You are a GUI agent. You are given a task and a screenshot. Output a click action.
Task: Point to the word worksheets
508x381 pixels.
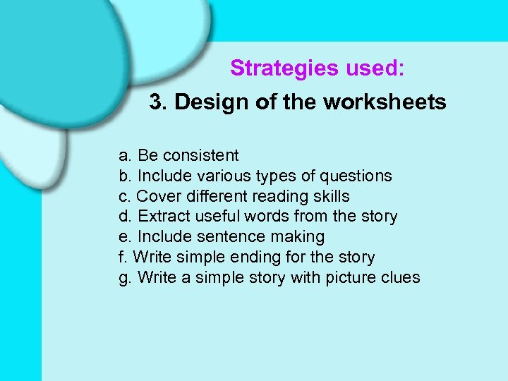[385, 102]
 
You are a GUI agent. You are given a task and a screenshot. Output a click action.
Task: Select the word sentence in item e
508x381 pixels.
[219, 237]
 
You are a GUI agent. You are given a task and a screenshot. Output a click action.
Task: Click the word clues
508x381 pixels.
[399, 278]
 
